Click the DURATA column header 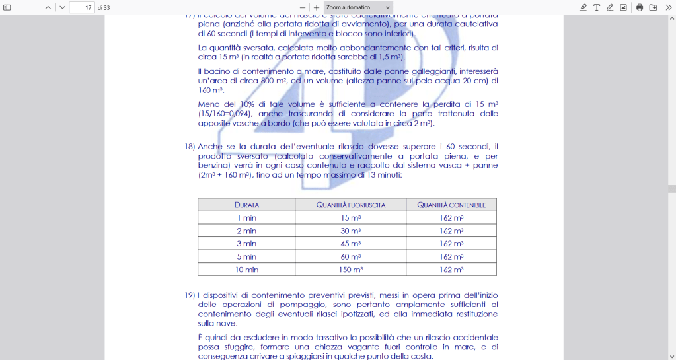click(x=246, y=205)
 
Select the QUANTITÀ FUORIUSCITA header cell click(x=350, y=205)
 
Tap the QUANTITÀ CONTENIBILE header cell click(x=451, y=205)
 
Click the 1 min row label click(x=246, y=218)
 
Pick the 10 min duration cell click(x=246, y=270)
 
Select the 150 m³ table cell click(x=350, y=270)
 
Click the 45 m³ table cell click(x=350, y=244)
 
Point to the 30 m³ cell click(x=350, y=231)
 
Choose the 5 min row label click(x=246, y=256)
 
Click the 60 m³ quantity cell click(x=350, y=256)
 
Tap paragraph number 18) click(x=190, y=146)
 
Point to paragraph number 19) click(x=190, y=295)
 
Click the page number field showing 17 click(x=81, y=7)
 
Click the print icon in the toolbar click(x=639, y=7)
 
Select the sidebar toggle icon click(x=7, y=7)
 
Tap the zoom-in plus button click(x=317, y=7)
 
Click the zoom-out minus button click(x=303, y=7)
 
